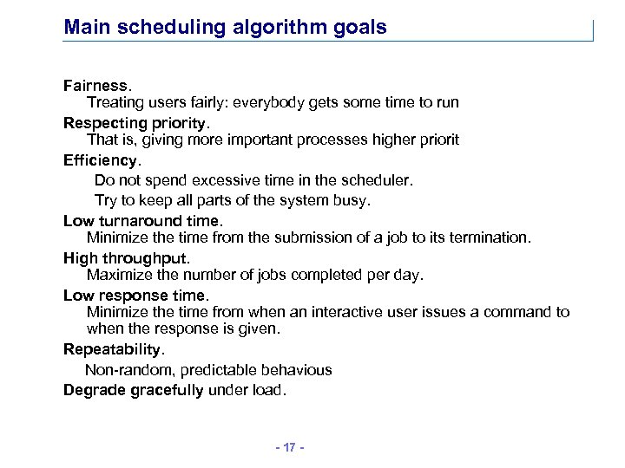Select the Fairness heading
tap(96, 86)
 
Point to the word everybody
tap(280, 102)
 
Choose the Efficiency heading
tap(100, 160)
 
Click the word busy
tap(352, 199)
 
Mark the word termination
tap(489, 237)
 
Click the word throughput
tap(145, 258)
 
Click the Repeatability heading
tap(112, 349)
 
